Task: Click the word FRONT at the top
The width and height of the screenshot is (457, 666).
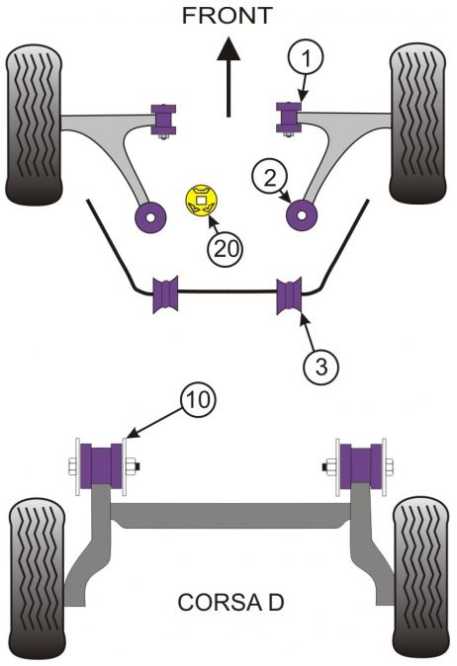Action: [x=227, y=16]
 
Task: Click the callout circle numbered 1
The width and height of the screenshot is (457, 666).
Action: [x=306, y=58]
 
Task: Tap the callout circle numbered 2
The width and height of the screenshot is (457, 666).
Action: [x=269, y=179]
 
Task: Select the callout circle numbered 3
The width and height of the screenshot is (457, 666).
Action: [x=321, y=367]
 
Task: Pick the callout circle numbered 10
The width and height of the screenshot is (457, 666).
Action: [x=198, y=399]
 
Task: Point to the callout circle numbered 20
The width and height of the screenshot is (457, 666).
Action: [x=226, y=249]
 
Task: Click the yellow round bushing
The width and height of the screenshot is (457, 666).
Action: [x=202, y=201]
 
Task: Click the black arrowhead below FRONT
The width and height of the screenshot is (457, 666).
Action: [x=228, y=48]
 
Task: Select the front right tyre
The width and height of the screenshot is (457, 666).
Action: [x=418, y=124]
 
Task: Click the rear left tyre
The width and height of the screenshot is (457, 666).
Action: [x=38, y=579]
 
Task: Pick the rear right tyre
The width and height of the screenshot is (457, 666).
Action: [x=420, y=579]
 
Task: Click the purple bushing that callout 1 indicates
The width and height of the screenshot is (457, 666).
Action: [x=289, y=117]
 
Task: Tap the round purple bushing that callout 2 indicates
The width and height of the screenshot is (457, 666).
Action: [x=302, y=215]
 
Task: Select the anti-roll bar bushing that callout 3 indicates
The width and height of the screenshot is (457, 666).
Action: [x=289, y=295]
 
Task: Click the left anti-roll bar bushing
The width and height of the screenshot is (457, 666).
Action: [x=165, y=294]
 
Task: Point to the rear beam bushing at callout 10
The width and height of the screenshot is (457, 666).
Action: [x=101, y=466]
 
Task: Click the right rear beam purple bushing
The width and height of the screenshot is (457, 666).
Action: [x=361, y=466]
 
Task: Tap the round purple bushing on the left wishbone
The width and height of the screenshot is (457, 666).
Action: [x=150, y=217]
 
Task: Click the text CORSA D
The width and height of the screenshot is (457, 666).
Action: [x=230, y=603]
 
